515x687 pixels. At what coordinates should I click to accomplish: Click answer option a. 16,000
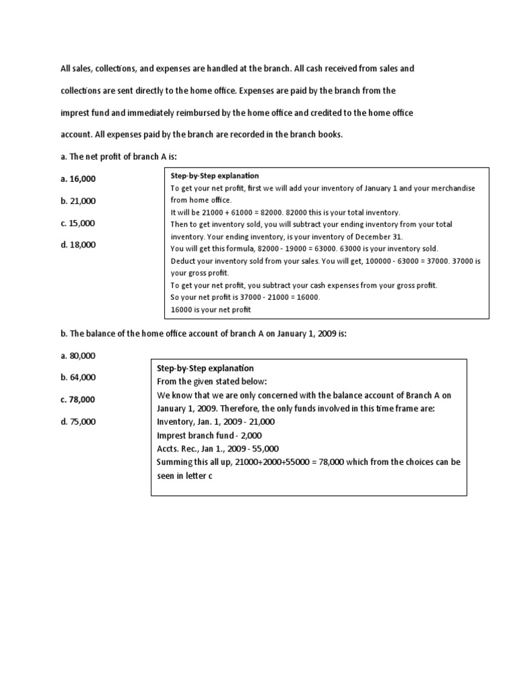pos(78,178)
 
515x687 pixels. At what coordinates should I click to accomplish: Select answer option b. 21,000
pos(78,201)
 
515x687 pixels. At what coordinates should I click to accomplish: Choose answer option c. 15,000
pos(78,223)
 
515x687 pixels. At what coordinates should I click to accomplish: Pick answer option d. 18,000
pos(78,245)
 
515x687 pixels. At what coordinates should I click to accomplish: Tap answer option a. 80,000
pos(78,356)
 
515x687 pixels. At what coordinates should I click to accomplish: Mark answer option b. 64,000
pos(78,377)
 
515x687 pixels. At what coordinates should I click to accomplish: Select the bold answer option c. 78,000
pos(78,399)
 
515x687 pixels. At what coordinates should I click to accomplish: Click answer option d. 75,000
pos(78,421)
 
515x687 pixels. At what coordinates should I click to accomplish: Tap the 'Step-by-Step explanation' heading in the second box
pos(205,368)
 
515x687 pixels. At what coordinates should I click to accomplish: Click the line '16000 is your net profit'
pos(211,309)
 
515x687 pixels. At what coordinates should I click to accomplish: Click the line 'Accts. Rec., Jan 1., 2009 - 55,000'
pos(218,449)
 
